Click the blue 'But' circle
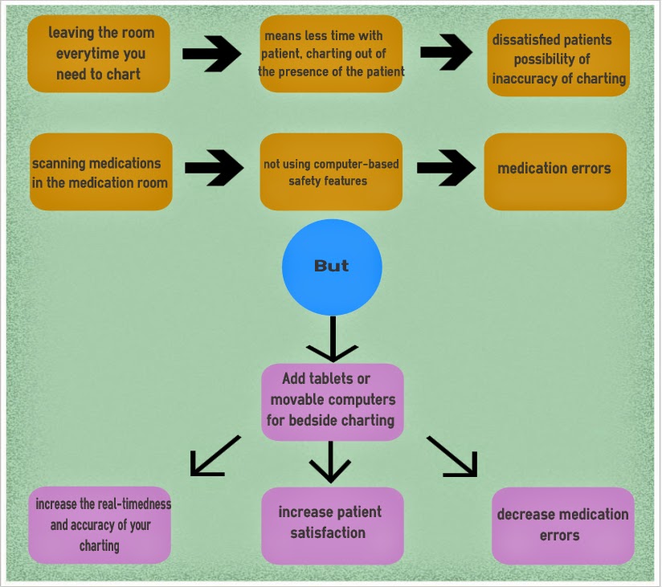(x=332, y=267)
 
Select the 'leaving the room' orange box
(x=100, y=54)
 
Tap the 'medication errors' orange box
(x=555, y=171)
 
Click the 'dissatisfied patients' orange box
(x=558, y=59)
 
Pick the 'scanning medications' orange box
(x=101, y=172)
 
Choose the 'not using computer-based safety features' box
(x=331, y=172)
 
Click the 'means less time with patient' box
(x=331, y=54)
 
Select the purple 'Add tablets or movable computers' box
(x=332, y=402)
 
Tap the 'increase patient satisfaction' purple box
(x=332, y=524)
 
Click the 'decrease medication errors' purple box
(x=562, y=524)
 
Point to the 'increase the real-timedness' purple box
(x=100, y=524)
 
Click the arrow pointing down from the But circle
(x=332, y=339)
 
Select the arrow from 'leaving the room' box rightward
(x=211, y=54)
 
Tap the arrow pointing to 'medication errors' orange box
(x=445, y=168)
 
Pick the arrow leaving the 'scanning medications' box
(x=214, y=168)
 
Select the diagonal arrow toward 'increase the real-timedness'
(x=214, y=456)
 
